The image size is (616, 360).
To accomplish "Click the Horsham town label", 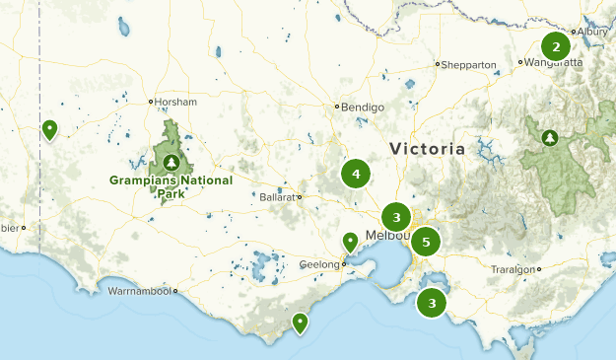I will tap(176, 102).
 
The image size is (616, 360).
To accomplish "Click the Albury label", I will tap(594, 32).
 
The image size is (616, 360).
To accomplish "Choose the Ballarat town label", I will tap(277, 197).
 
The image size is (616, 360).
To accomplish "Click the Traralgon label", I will tap(513, 269).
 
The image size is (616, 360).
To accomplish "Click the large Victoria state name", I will tap(427, 149).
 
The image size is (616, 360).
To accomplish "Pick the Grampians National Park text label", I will tap(171, 186).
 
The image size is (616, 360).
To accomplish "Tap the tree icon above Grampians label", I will tap(172, 162).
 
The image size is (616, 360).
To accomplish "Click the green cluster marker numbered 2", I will tap(556, 45).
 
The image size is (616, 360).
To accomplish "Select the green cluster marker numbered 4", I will tap(356, 175).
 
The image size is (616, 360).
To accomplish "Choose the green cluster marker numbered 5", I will tap(426, 241).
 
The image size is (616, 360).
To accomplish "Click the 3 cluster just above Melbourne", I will tap(396, 217).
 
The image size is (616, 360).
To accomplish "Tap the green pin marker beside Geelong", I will tap(350, 241).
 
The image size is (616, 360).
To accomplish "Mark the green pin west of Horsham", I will tap(49, 128).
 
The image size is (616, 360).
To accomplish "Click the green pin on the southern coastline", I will tap(300, 322).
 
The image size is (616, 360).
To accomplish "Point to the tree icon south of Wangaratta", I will tap(549, 137).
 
